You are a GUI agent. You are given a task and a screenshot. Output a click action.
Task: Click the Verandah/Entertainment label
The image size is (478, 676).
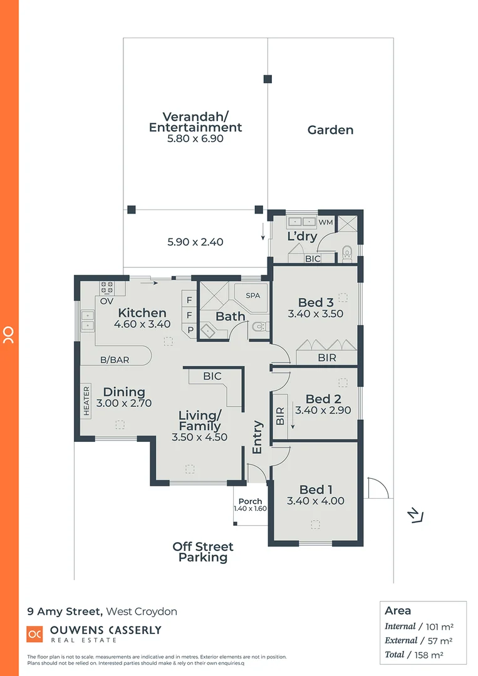195,122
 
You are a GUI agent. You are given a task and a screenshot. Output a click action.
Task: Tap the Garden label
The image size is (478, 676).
330,130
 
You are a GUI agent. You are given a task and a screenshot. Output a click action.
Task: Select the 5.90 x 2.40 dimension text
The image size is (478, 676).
195,242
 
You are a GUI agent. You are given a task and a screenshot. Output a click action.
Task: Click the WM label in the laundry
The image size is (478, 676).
326,222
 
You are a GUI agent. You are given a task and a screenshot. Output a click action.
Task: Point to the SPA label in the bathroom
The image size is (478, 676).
252,295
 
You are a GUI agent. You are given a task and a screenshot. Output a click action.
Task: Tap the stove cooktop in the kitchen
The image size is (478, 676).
107,288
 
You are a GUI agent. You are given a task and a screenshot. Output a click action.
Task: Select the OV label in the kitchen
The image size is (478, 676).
107,301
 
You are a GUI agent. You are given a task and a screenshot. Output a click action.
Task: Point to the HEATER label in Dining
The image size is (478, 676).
86,401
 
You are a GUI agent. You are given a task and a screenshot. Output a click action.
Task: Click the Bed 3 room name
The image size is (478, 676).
315,303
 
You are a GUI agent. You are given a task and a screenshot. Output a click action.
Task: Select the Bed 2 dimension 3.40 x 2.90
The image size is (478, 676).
323,411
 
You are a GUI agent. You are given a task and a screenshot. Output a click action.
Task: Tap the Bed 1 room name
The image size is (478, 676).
315,489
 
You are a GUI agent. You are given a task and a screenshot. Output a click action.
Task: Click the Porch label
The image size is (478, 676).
250,501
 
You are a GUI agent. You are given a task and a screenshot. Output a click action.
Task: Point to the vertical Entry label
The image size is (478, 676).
257,437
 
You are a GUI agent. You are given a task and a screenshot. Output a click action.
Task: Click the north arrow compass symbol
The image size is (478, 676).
414,515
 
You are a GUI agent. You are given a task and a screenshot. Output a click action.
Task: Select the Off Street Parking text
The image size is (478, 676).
203,552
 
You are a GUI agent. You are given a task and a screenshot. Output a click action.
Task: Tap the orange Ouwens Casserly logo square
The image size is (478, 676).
35,633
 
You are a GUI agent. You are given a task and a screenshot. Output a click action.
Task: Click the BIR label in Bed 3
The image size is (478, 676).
326,358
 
